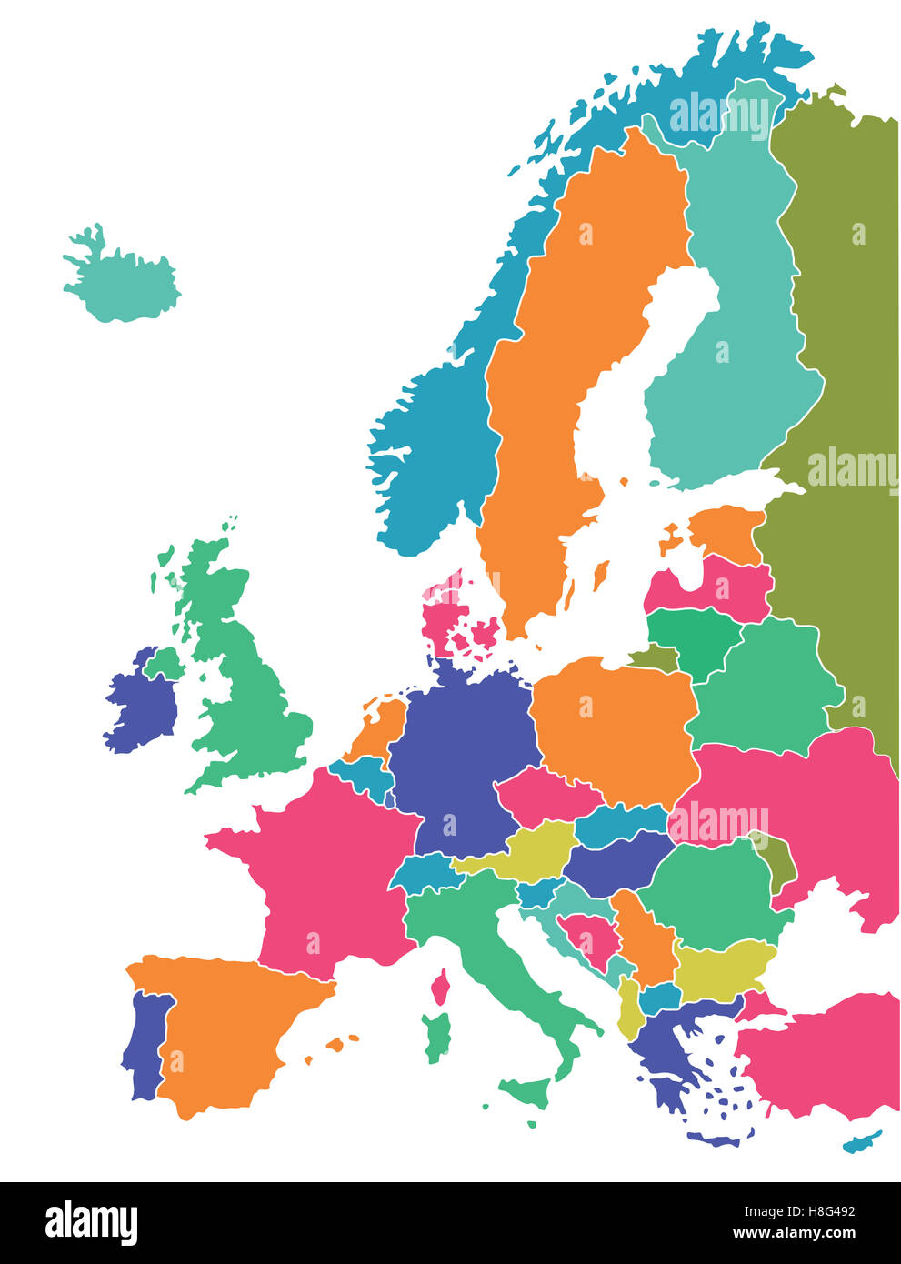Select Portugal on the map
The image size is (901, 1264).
pos(145,1046)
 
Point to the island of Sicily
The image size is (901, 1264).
pos(527,1091)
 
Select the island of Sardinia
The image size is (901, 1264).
pos(437,1037)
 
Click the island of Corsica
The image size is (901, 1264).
pos(442,987)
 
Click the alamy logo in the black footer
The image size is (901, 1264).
pos(91,1223)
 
